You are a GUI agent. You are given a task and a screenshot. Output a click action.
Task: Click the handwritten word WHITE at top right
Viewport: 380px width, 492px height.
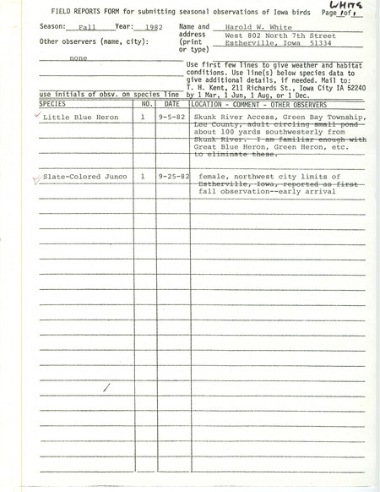click(x=349, y=8)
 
